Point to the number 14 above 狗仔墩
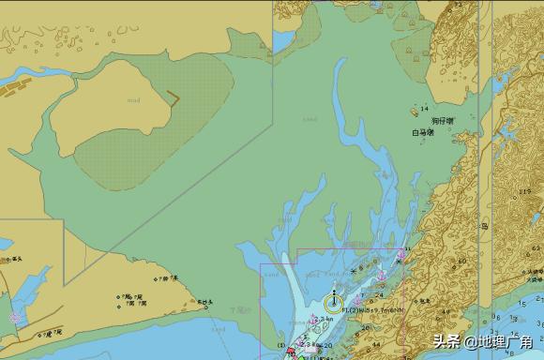tap(424, 109)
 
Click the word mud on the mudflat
tap(135, 99)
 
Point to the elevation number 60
tap(461, 261)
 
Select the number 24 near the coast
tap(380, 294)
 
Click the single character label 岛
tap(484, 226)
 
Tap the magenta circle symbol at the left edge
tap(13, 318)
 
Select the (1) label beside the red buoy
tap(280, 346)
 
